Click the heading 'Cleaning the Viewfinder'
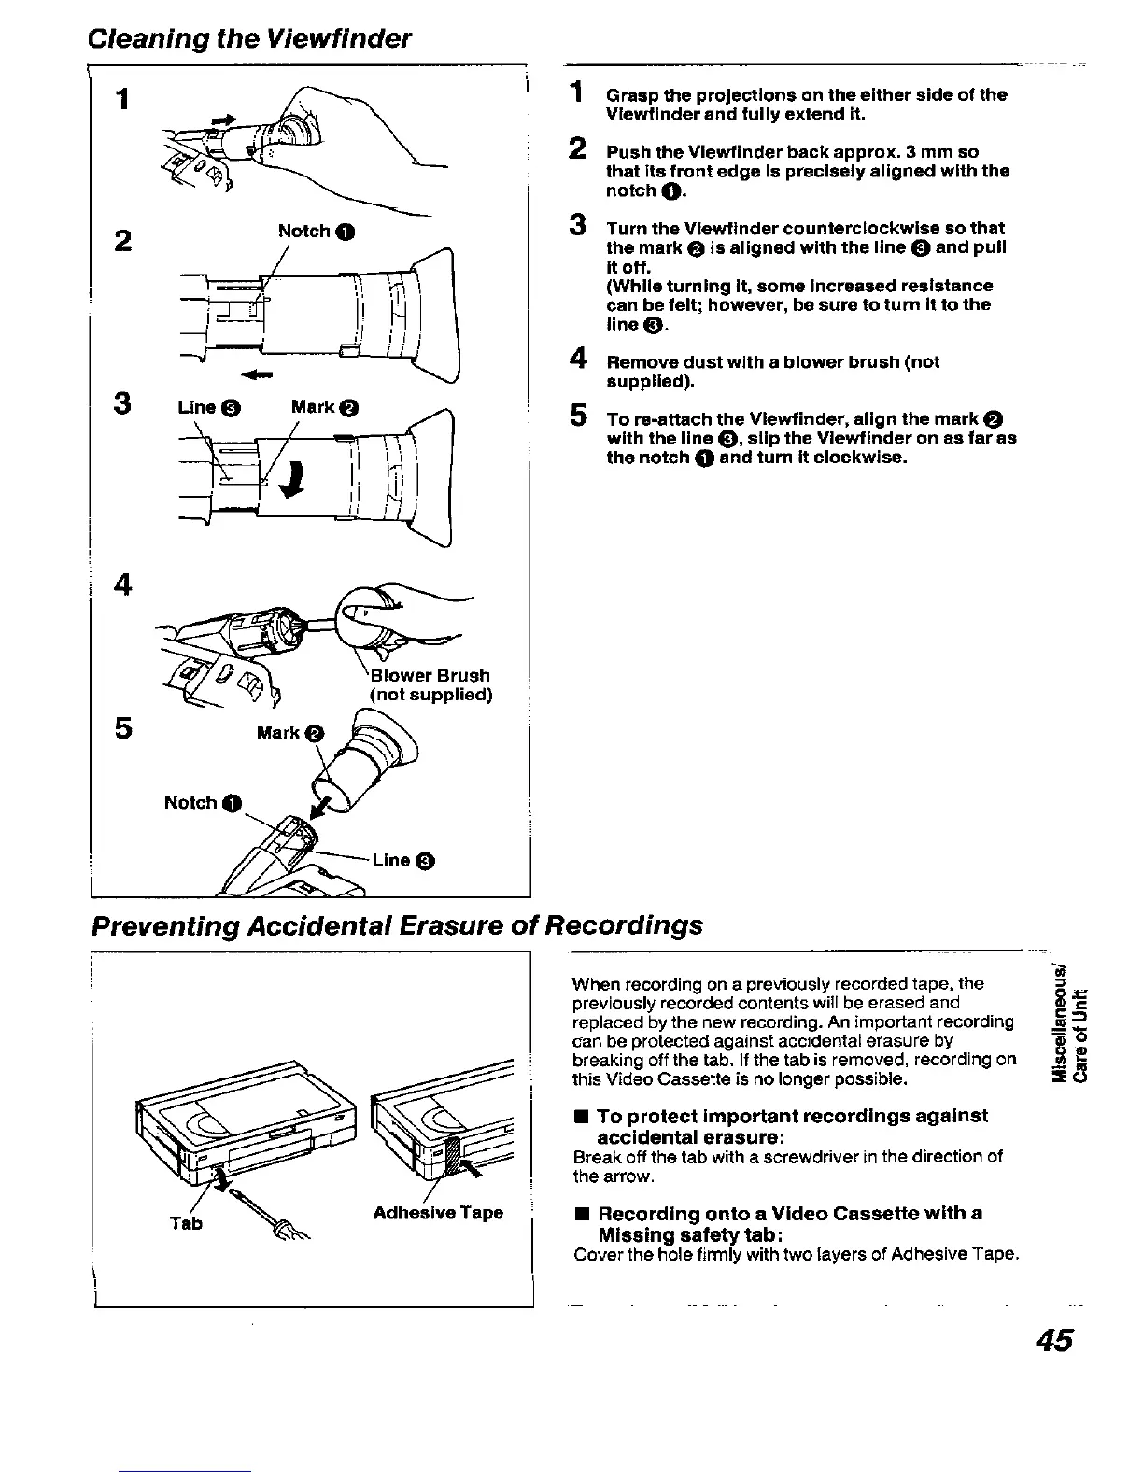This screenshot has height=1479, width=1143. click(248, 38)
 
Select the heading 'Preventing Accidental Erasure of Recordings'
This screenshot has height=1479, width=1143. click(396, 924)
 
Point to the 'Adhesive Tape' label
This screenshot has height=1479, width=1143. click(438, 1213)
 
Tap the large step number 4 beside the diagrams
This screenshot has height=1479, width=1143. click(122, 585)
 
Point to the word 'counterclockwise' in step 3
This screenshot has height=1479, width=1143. click(850, 228)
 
